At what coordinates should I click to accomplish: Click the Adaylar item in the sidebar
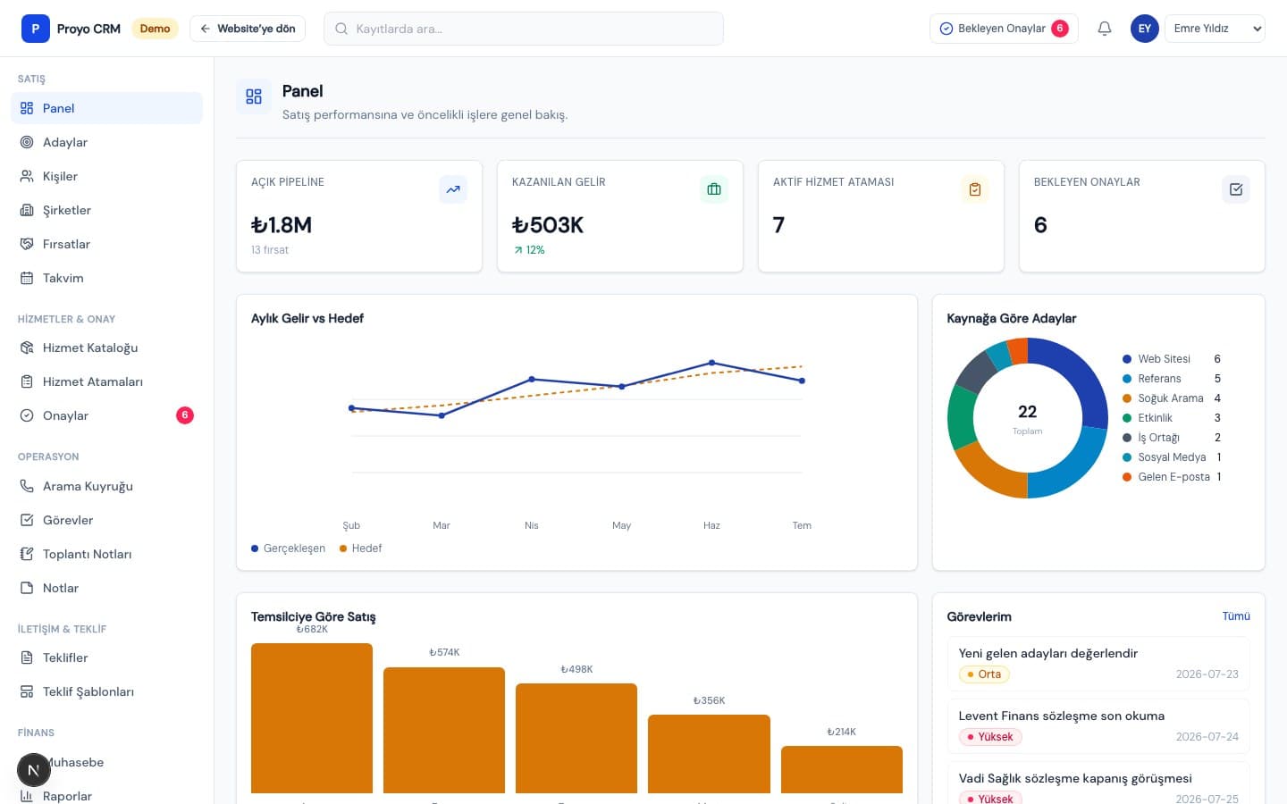point(65,142)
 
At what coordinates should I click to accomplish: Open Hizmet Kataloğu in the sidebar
point(90,348)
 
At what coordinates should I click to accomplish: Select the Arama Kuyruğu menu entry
point(88,486)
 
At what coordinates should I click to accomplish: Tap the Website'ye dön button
point(248,29)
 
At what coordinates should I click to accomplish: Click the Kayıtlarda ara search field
point(524,29)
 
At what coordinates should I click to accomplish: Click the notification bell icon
point(1105,29)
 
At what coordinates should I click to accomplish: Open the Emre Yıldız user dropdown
point(1215,29)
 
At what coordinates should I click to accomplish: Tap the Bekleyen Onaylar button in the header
point(1004,29)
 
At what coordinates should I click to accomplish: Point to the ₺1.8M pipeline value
point(282,225)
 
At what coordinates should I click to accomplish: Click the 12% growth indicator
point(529,250)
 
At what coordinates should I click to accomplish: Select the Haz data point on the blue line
point(711,363)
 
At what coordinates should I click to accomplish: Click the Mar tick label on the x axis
point(442,525)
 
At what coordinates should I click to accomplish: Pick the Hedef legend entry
point(361,549)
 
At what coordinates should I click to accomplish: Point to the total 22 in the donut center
point(1027,412)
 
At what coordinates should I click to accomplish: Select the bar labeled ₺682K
point(312,718)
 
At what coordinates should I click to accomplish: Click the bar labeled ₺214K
point(842,769)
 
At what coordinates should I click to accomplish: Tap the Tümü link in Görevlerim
point(1236,616)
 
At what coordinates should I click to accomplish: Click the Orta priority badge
point(984,674)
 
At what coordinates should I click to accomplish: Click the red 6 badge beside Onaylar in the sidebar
point(184,415)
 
